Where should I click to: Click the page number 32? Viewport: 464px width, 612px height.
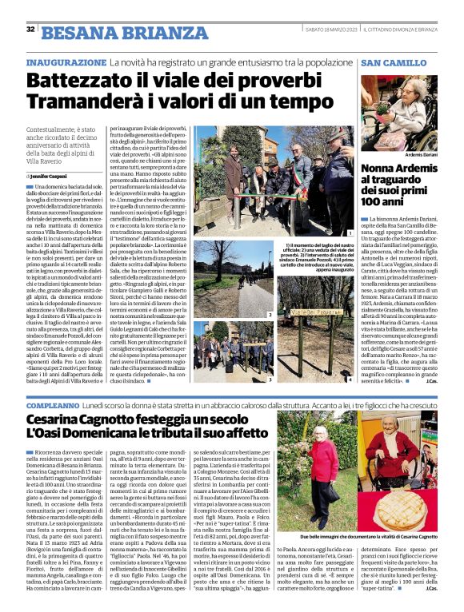point(30,30)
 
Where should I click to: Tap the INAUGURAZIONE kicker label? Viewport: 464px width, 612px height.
point(66,62)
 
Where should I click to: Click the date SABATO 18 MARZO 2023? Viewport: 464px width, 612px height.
point(330,30)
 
